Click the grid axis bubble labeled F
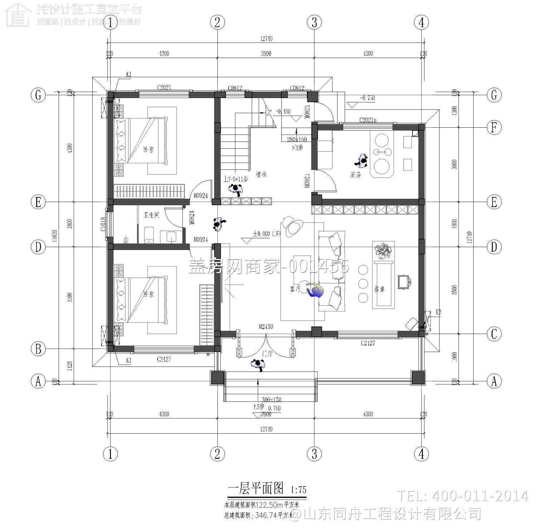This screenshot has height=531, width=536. click(x=494, y=127)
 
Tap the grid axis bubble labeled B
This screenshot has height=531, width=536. click(x=38, y=349)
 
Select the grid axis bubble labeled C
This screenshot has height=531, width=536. click(x=494, y=334)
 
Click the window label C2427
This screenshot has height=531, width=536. click(x=164, y=359)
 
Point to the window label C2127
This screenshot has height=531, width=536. click(x=368, y=343)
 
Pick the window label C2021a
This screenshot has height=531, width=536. click(x=368, y=120)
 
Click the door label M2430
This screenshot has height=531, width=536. click(x=266, y=326)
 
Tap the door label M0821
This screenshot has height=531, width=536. click(x=307, y=112)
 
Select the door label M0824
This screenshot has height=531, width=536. click(x=192, y=217)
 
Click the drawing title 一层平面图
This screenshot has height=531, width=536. click(x=256, y=488)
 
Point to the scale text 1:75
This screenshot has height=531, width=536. click(x=299, y=490)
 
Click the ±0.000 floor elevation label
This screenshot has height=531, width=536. click(x=266, y=233)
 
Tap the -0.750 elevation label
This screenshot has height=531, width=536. click(x=367, y=98)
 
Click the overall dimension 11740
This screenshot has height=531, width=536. click(x=469, y=237)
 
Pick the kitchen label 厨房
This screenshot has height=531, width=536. click(x=355, y=175)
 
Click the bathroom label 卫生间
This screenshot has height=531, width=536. click(x=151, y=215)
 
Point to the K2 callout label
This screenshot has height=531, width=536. click(x=438, y=312)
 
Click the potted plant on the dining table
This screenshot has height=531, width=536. click(x=383, y=250)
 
